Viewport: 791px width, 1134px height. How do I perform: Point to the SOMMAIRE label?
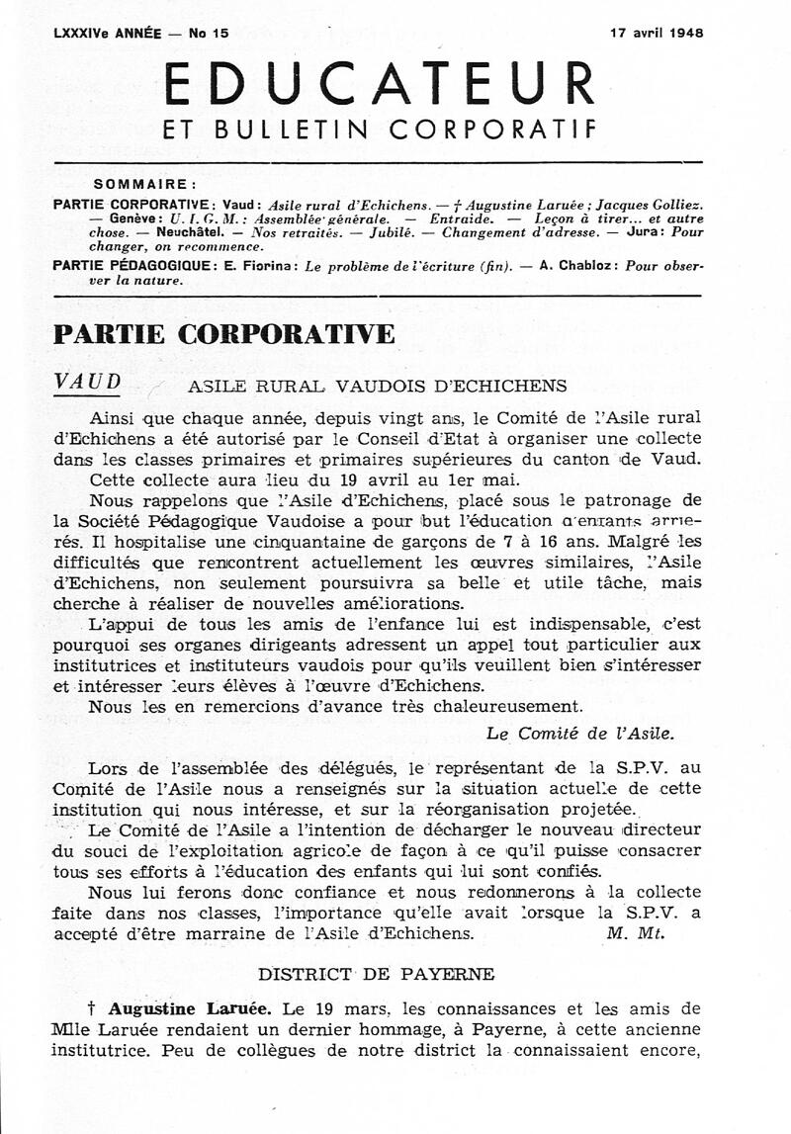tap(144, 184)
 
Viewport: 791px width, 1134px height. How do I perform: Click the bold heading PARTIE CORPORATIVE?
tap(223, 333)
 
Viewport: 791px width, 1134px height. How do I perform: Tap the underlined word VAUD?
tap(89, 383)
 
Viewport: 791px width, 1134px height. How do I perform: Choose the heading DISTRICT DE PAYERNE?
tap(377, 974)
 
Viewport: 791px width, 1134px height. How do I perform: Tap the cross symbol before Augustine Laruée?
tap(92, 1009)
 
